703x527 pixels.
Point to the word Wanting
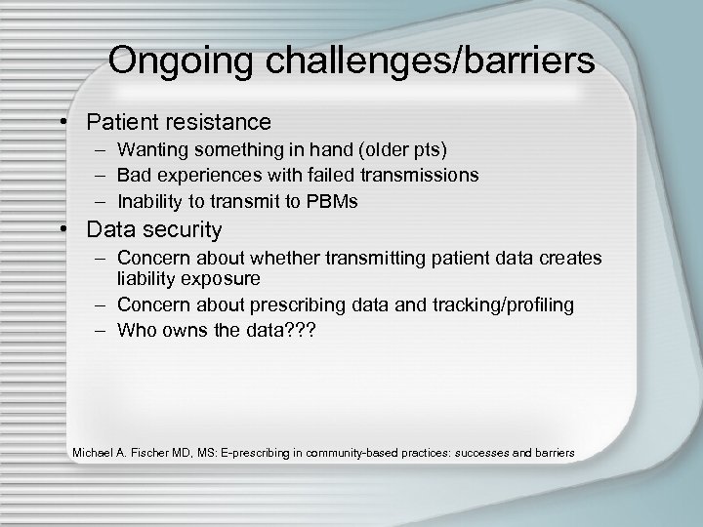tap(149, 151)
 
